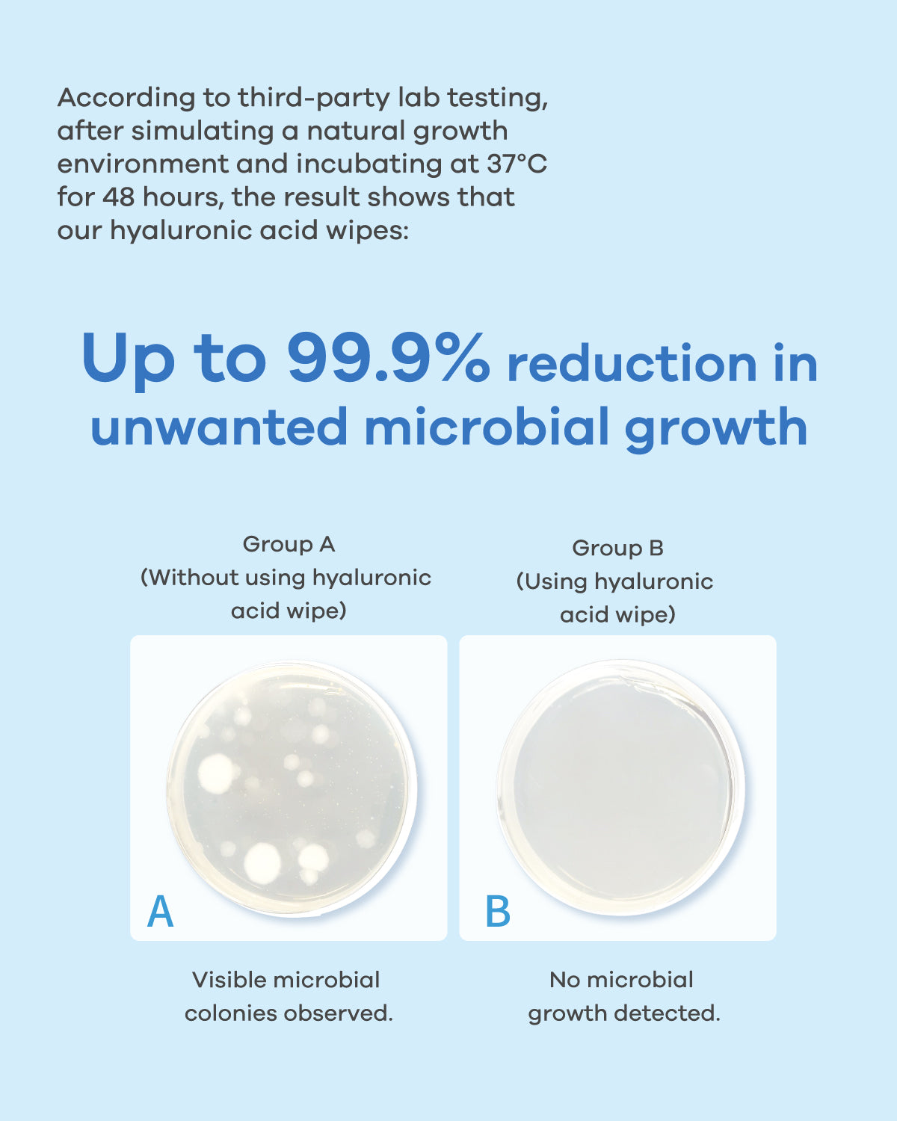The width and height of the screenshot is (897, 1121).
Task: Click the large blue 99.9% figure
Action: point(388,358)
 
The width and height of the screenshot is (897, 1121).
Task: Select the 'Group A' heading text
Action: point(289,544)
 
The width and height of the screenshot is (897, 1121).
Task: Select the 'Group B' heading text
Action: point(617,548)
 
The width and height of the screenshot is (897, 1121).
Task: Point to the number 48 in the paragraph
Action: point(118,197)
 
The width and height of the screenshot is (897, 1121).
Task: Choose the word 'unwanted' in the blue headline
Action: point(219,427)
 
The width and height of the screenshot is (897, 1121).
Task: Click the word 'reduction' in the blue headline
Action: point(632,364)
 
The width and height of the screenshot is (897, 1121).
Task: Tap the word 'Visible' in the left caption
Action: point(229,981)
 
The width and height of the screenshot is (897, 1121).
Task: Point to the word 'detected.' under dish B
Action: point(668,1013)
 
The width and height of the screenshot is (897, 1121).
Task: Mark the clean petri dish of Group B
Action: point(621,788)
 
